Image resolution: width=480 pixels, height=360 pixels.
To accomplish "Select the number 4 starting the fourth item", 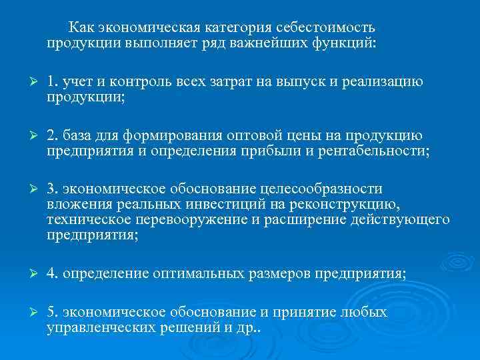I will pyautogui.click(x=51, y=273).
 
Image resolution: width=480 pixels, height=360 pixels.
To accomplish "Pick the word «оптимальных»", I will pyautogui.click(x=199, y=273).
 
